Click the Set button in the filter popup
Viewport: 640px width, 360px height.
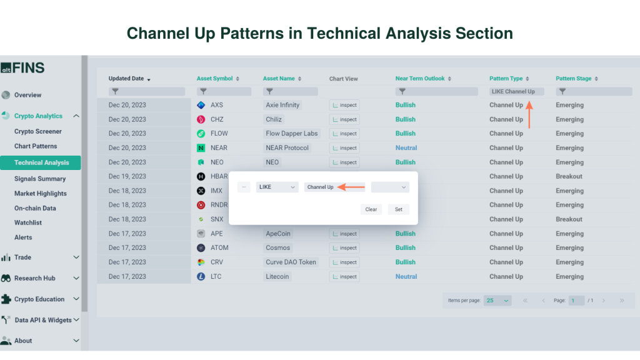tap(399, 209)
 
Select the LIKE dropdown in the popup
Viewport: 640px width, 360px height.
tap(277, 187)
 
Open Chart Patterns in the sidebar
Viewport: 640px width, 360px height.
tap(36, 146)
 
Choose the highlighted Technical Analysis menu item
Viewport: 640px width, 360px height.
tap(42, 162)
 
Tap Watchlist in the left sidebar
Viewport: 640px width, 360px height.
tap(27, 222)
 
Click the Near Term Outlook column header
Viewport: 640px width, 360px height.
tap(420, 79)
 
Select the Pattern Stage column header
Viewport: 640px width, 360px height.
tap(574, 79)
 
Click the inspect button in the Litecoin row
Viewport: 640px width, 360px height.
tap(344, 277)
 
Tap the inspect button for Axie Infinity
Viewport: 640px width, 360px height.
tap(344, 105)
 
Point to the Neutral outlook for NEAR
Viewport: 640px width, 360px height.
tap(406, 148)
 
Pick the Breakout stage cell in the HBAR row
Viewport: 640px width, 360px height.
tap(569, 176)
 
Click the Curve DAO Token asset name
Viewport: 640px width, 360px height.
tap(291, 262)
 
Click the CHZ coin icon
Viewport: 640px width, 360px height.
tap(201, 119)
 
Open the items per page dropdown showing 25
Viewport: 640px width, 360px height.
tap(497, 301)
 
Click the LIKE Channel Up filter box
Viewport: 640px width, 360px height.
tap(516, 92)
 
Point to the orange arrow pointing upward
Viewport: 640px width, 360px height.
tap(529, 114)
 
